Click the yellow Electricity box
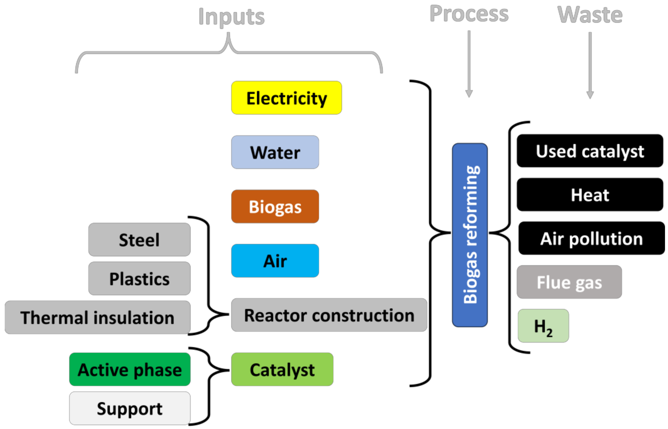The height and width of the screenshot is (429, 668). coord(286,98)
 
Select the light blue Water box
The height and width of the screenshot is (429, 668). coord(275,152)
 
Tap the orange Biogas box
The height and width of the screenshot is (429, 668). coord(275,206)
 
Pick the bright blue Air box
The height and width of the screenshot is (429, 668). coord(275,261)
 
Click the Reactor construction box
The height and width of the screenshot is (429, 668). coord(329,315)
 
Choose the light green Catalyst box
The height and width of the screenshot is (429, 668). coord(282,369)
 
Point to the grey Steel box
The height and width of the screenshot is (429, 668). coord(139,239)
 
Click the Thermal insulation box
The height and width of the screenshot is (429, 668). coord(98,317)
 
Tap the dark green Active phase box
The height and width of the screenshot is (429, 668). coord(130,369)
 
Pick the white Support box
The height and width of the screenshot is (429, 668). coord(130,408)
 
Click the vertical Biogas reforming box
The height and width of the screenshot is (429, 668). coord(470,235)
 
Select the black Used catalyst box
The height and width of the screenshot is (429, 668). coord(590,151)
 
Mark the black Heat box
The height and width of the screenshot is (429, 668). coord(590,195)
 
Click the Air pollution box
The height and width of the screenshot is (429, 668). coord(591,238)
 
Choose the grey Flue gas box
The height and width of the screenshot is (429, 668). coord(569,282)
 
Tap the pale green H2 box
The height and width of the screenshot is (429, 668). coord(543,326)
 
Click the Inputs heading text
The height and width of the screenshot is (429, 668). coord(231,17)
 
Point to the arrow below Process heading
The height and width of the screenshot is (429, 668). coord(469,64)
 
